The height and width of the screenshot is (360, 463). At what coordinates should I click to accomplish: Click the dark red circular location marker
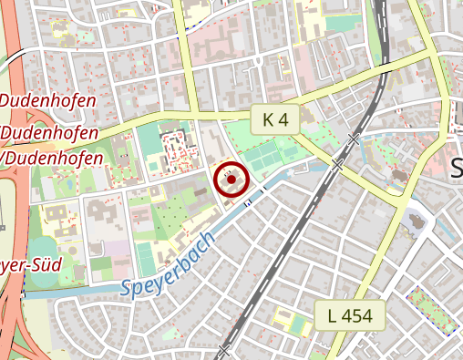(231, 180)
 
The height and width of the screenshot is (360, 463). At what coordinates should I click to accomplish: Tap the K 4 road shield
(275, 119)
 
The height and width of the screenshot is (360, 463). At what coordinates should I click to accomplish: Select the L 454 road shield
(349, 316)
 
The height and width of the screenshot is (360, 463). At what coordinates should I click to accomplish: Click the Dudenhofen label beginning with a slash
(50, 158)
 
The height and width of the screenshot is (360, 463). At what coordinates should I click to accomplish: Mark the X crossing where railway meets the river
(337, 165)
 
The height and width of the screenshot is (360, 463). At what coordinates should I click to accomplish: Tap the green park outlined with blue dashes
(431, 309)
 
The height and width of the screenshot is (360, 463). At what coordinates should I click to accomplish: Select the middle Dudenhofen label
(51, 133)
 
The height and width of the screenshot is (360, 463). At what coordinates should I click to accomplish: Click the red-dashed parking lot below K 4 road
(173, 151)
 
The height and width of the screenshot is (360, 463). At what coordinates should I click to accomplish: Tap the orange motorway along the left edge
(11, 182)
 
